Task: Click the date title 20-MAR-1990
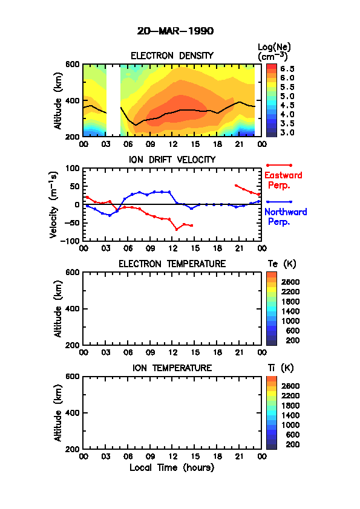[x=175, y=31]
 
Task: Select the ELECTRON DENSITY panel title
[x=172, y=56]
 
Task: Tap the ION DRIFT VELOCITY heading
[x=172, y=160]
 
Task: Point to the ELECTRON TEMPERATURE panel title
[x=172, y=264]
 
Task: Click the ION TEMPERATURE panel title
[x=172, y=368]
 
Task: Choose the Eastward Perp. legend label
[x=283, y=180]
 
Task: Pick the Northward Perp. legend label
[x=286, y=216]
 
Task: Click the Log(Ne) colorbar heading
[x=274, y=52]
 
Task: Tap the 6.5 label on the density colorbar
[x=287, y=69]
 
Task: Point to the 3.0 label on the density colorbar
[x=287, y=133]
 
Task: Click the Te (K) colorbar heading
[x=282, y=264]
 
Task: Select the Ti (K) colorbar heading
[x=281, y=368]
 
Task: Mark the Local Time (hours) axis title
[x=172, y=468]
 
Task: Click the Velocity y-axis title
[x=54, y=204]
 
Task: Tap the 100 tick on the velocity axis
[x=73, y=168]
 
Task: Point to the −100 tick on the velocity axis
[x=71, y=241]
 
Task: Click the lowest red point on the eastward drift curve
[x=177, y=230]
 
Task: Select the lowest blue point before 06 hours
[x=110, y=216]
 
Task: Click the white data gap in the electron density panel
[x=113, y=100]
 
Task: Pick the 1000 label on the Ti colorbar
[x=290, y=425]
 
